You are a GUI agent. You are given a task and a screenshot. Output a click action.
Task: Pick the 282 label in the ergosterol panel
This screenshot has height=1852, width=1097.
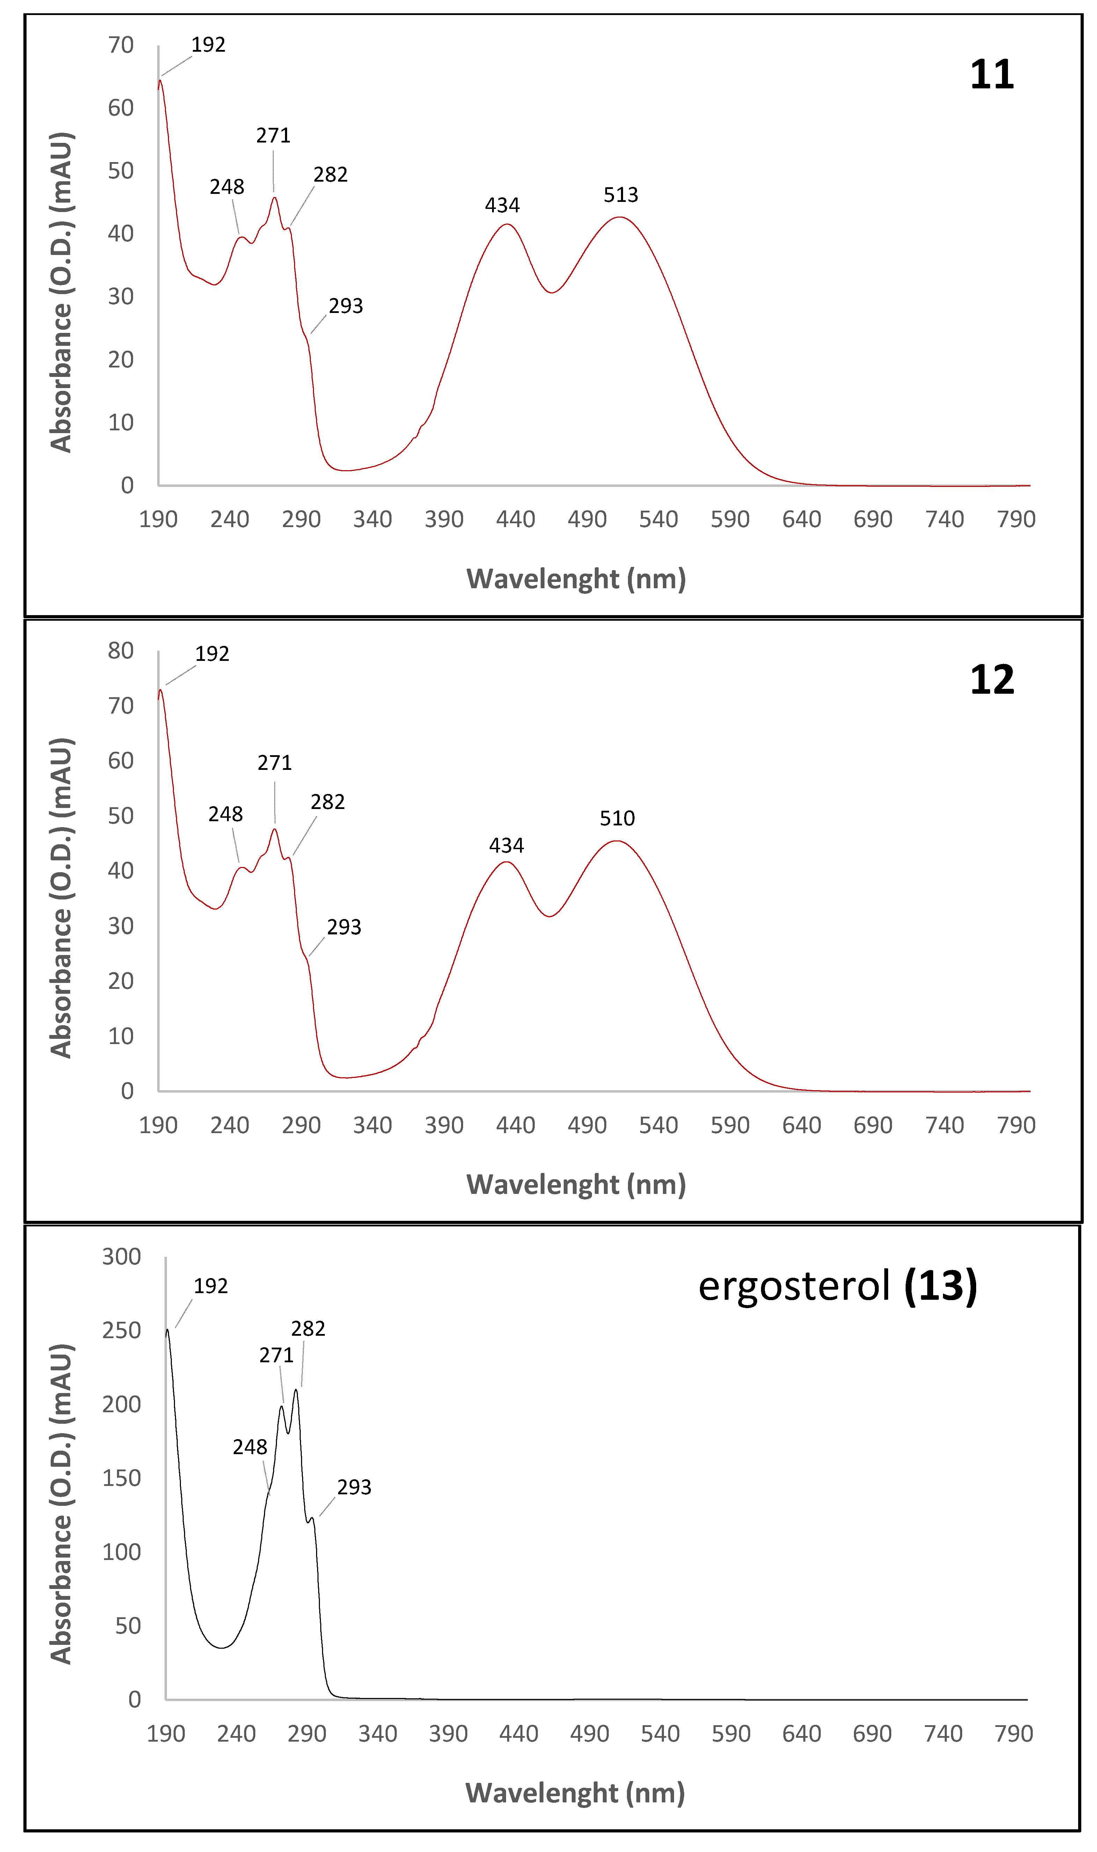307,1328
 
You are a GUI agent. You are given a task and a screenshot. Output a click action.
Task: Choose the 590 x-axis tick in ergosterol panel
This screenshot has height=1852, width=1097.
730,1734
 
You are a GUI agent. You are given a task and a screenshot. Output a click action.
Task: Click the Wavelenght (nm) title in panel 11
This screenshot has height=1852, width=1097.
576,579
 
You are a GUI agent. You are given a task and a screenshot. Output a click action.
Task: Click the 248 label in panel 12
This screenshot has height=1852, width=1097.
226,814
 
